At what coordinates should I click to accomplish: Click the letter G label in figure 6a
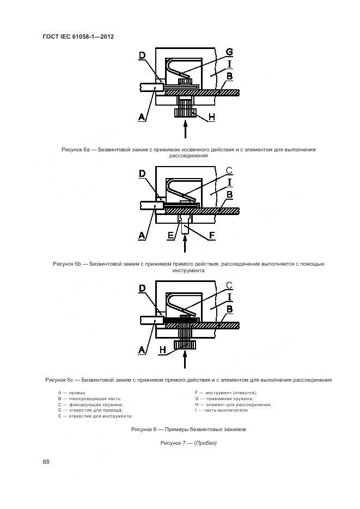[x=229, y=52]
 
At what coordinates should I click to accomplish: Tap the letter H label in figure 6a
[x=212, y=117]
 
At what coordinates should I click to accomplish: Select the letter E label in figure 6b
[x=171, y=235]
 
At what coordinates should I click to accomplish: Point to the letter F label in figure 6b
[x=212, y=235]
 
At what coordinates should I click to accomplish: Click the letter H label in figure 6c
[x=163, y=349]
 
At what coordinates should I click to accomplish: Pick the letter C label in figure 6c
[x=229, y=286]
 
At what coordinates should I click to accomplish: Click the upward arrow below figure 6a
[x=185, y=129]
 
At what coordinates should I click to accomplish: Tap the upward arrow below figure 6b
[x=185, y=244]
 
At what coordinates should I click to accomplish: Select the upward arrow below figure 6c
[x=185, y=359]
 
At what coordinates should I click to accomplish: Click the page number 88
[x=46, y=461]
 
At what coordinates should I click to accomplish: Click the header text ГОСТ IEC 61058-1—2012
[x=78, y=36]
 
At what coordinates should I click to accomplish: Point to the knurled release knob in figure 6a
[x=185, y=113]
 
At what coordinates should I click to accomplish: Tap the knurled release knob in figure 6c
[x=185, y=345]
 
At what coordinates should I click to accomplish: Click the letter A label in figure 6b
[x=142, y=235]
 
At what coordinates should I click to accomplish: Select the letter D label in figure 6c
[x=142, y=289]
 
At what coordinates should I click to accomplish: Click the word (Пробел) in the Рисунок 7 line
[x=205, y=443]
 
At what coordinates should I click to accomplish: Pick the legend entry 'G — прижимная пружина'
[x=224, y=398]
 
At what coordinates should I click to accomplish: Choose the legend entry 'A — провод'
[x=72, y=393]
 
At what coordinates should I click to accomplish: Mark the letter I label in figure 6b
[x=229, y=182]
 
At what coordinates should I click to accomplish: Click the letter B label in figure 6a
[x=229, y=76]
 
